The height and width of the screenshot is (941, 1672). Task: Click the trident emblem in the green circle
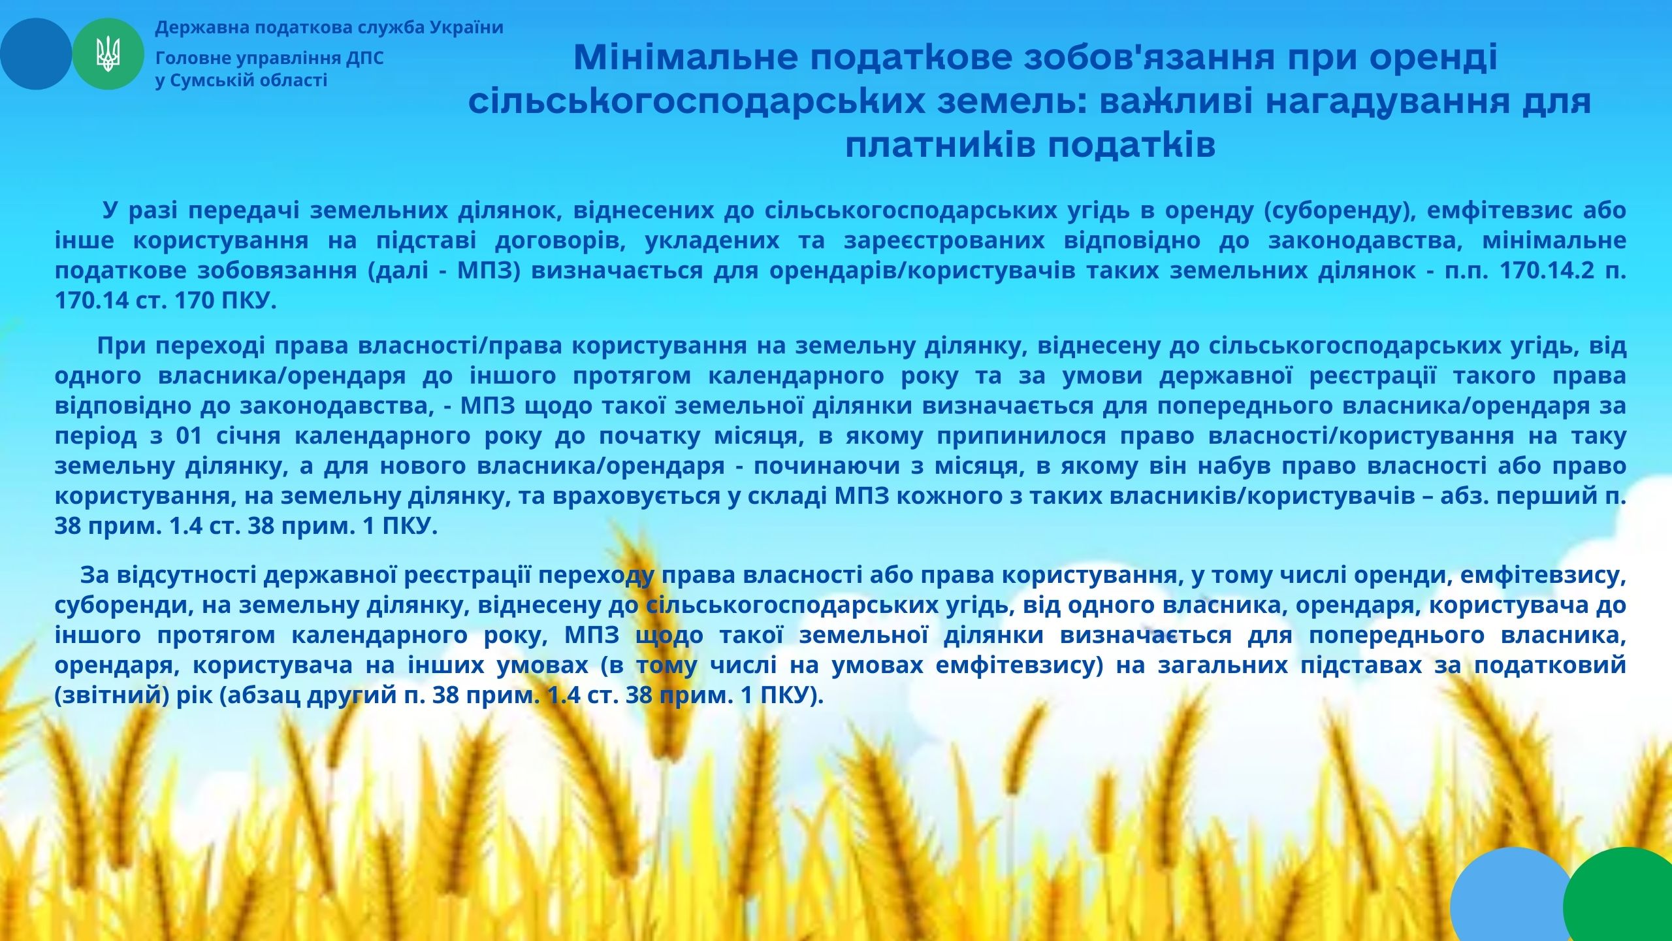[x=108, y=54]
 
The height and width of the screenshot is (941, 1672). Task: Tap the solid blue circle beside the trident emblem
[x=36, y=54]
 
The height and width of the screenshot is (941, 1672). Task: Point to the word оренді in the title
[x=1432, y=58]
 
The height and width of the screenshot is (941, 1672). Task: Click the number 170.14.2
[x=1546, y=271]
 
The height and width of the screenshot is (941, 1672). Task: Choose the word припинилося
[x=1022, y=436]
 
